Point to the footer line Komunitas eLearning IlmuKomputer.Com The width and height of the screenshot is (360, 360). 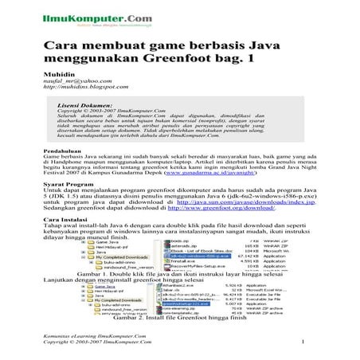(96, 338)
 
